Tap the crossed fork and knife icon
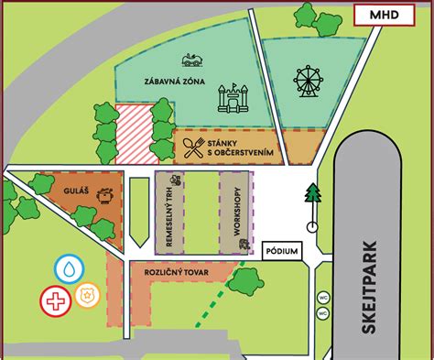point(191,147)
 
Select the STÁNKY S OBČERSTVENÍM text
point(241,147)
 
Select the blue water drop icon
point(70,268)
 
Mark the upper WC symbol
point(322,298)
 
